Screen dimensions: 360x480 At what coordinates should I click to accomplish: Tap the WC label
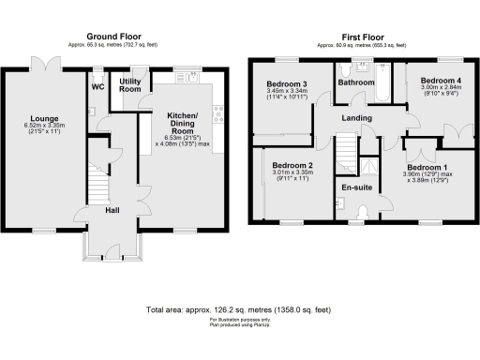click(x=97, y=88)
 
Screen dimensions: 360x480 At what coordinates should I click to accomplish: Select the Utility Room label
click(x=129, y=85)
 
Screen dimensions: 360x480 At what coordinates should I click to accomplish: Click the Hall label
click(x=111, y=210)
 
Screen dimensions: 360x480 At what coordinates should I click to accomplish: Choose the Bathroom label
click(x=356, y=82)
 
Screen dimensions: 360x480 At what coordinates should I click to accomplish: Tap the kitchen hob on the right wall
click(x=219, y=116)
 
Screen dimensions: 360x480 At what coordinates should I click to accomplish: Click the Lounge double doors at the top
click(x=43, y=63)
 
